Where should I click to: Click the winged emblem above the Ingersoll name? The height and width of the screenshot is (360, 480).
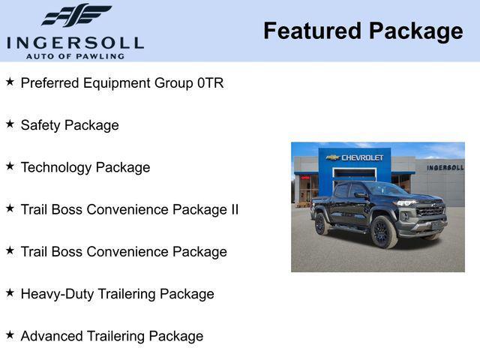pyautogui.click(x=76, y=15)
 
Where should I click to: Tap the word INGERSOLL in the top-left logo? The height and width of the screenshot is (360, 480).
pyautogui.click(x=75, y=42)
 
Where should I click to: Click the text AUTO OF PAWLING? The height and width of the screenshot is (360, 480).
pyautogui.click(x=75, y=56)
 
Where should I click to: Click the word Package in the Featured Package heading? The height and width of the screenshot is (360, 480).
pyautogui.click(x=416, y=31)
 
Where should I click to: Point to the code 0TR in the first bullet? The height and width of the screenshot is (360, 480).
pyautogui.click(x=210, y=83)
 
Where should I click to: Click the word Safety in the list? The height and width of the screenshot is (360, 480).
pyautogui.click(x=40, y=125)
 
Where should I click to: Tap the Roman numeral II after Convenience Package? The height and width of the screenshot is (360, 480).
pyautogui.click(x=232, y=209)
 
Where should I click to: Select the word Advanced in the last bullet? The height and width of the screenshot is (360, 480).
pyautogui.click(x=49, y=336)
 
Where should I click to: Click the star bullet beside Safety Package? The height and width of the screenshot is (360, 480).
pyautogui.click(x=10, y=124)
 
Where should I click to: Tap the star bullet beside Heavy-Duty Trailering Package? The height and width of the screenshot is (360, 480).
pyautogui.click(x=10, y=293)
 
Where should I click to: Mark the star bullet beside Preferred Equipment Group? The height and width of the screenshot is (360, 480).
pyautogui.click(x=10, y=82)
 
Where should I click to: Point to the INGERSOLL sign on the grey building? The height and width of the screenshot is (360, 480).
pyautogui.click(x=445, y=167)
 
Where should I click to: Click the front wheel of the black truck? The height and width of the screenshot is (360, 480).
pyautogui.click(x=382, y=232)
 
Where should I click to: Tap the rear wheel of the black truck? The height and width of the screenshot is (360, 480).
pyautogui.click(x=321, y=223)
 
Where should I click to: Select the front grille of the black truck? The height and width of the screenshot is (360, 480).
pyautogui.click(x=430, y=211)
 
